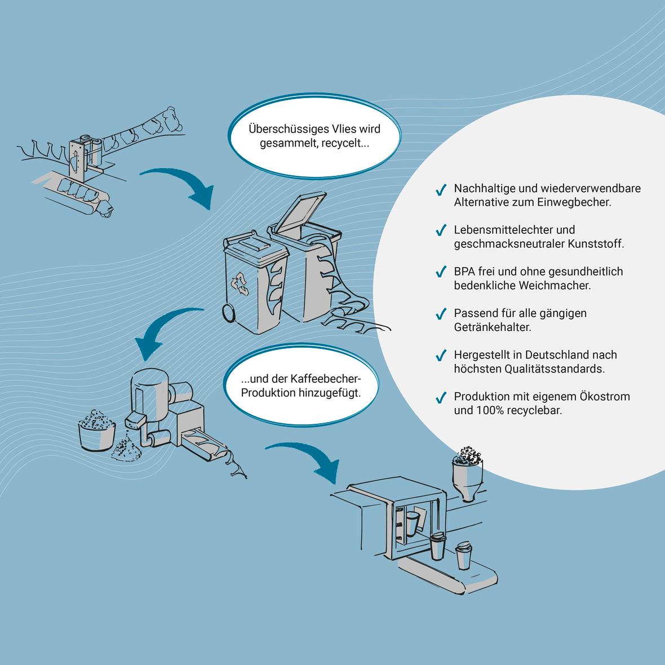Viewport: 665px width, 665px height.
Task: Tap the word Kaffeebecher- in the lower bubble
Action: point(327,378)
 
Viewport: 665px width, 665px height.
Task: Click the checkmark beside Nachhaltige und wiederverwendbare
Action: point(441,190)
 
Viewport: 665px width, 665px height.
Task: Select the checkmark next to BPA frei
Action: point(441,273)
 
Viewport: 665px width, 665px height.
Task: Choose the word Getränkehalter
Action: point(493,327)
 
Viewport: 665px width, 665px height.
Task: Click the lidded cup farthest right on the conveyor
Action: point(463,556)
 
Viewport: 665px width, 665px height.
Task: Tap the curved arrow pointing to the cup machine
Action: point(307,459)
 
